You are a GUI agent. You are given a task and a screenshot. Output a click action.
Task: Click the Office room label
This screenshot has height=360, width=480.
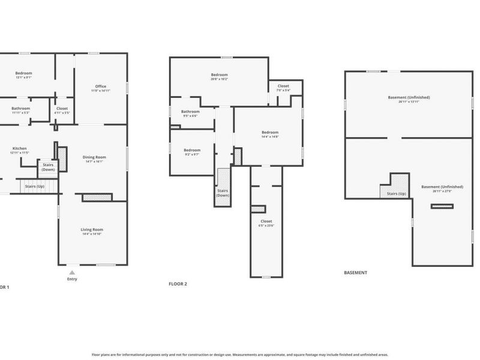point(100,86)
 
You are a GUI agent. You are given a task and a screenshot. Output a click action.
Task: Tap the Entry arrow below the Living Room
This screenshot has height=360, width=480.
point(72,273)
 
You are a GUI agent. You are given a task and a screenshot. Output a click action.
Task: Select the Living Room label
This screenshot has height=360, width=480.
point(92,229)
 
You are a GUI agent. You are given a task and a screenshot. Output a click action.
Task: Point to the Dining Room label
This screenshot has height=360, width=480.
point(93,157)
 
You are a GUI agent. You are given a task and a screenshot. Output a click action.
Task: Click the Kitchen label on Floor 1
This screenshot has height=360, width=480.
point(20,148)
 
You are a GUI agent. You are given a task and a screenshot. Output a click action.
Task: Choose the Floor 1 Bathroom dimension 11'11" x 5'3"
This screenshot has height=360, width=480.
point(21,112)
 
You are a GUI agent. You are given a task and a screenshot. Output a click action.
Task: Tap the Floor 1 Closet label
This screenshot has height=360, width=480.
point(62,108)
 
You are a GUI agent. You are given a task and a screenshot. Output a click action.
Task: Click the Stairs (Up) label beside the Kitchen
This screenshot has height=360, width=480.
point(34,186)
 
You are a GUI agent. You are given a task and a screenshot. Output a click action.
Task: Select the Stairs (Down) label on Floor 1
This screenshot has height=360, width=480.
point(48,167)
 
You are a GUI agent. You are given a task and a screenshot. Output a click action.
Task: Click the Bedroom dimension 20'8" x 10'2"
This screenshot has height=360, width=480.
point(219,79)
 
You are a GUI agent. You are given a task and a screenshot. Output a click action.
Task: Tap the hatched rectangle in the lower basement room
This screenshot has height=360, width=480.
point(442,206)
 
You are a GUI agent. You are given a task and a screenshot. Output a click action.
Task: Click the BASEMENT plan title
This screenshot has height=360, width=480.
point(355,272)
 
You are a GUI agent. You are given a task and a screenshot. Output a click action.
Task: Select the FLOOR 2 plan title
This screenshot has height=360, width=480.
point(178,283)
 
